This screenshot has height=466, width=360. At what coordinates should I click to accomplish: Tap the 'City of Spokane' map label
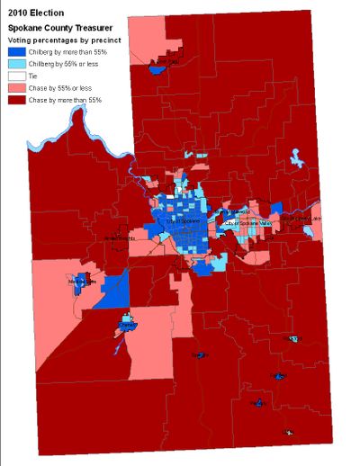[x=180, y=220]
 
